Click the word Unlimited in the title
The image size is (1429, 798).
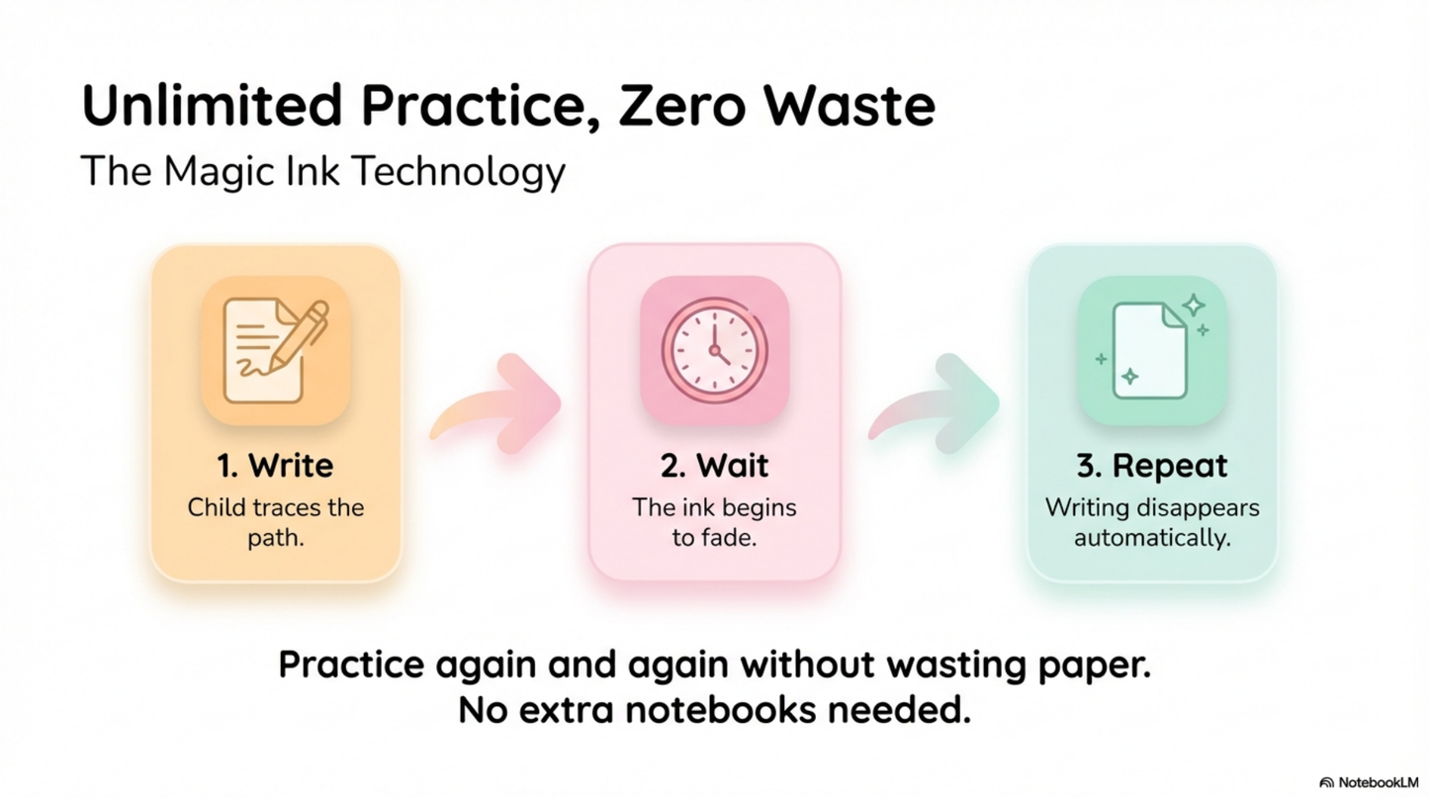215,106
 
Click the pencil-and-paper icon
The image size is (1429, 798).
276,350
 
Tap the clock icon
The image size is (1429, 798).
714,350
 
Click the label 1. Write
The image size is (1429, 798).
275,465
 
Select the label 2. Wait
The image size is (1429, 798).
714,465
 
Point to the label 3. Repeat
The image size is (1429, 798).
1152,465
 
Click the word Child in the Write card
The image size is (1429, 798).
215,508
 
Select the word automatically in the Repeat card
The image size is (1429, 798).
1152,539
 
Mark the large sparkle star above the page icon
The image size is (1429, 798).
1194,305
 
